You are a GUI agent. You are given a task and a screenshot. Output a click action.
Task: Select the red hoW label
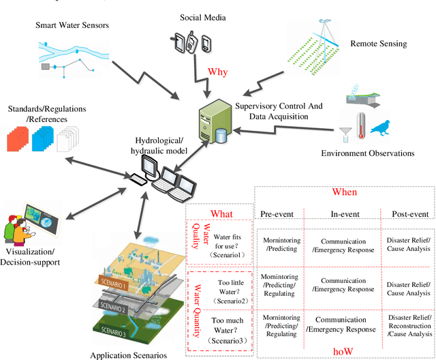point(343,350)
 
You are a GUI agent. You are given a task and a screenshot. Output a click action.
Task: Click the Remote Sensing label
point(379,44)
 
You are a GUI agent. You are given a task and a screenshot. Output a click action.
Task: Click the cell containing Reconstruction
point(409,325)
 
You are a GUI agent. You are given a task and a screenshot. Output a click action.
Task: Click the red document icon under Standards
point(15,140)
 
